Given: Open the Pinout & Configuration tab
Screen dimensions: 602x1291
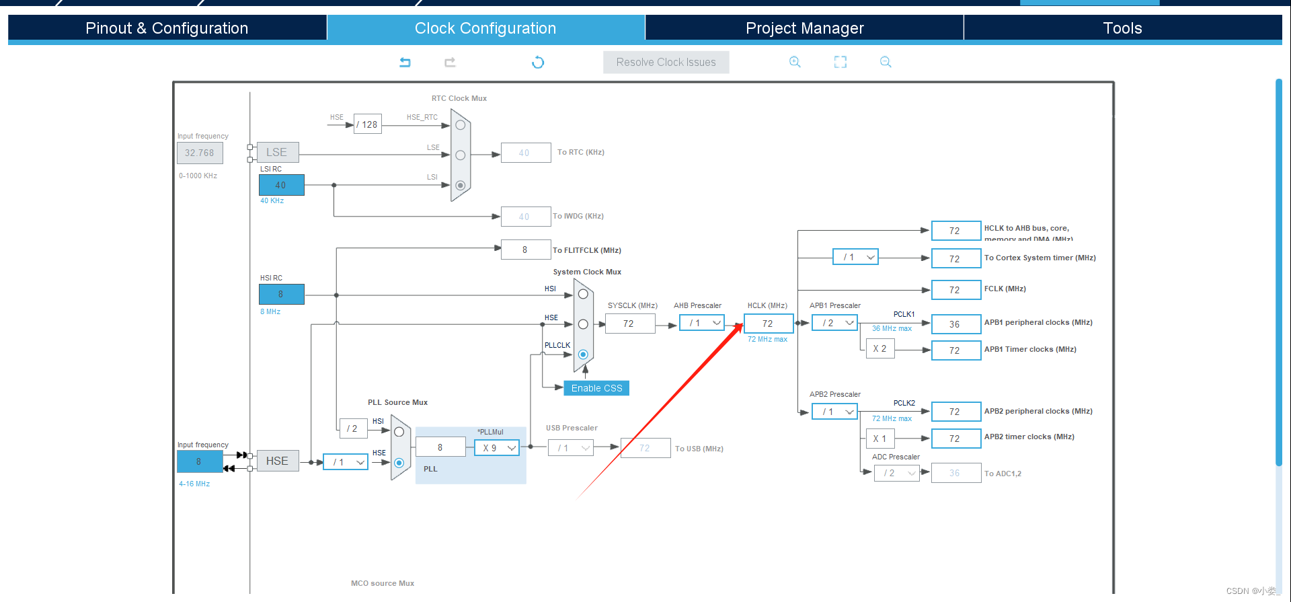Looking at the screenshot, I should [x=167, y=28].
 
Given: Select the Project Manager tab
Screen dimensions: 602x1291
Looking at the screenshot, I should [x=804, y=28].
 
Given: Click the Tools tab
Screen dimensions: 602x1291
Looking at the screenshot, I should [x=1122, y=28].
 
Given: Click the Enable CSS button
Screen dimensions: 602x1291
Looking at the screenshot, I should [x=596, y=388].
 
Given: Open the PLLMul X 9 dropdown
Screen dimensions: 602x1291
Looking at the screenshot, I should [x=497, y=448].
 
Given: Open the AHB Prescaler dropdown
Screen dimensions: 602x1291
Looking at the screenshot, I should [x=702, y=324].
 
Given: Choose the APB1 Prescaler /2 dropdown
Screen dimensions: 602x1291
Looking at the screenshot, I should [x=835, y=324].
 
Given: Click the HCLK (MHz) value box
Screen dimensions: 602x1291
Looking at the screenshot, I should [x=768, y=324].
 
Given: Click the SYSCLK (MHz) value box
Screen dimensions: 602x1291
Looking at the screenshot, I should [x=629, y=324].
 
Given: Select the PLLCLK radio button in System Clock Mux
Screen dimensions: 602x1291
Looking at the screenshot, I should [x=583, y=354].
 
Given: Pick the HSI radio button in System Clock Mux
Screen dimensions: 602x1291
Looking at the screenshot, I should [x=583, y=294].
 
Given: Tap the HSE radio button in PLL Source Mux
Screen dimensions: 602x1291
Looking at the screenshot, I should [x=399, y=463].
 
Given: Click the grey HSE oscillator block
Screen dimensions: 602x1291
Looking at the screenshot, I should [x=277, y=461].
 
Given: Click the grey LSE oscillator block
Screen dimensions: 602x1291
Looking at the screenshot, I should [x=277, y=153].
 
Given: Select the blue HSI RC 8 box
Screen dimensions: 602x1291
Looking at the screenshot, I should [x=281, y=294].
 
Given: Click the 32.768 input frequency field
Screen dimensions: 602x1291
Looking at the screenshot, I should [x=200, y=153].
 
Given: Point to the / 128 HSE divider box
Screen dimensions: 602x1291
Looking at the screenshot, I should [x=368, y=124].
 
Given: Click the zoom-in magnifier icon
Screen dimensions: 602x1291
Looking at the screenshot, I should [x=795, y=62].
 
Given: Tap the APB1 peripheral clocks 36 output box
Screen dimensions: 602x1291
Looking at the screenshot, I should [x=955, y=324].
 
